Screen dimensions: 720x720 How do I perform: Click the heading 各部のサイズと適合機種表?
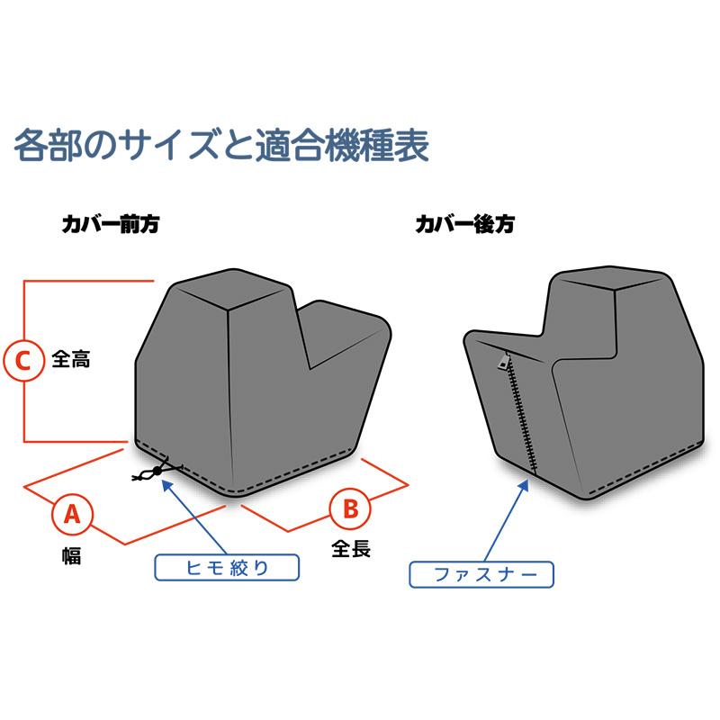click(220, 144)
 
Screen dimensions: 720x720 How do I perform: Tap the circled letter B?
click(350, 508)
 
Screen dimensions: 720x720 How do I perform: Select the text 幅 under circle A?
click(71, 556)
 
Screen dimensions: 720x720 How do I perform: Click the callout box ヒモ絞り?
click(225, 567)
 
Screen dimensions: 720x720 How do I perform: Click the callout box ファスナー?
click(481, 573)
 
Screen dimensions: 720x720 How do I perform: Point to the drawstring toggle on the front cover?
click(158, 471)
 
